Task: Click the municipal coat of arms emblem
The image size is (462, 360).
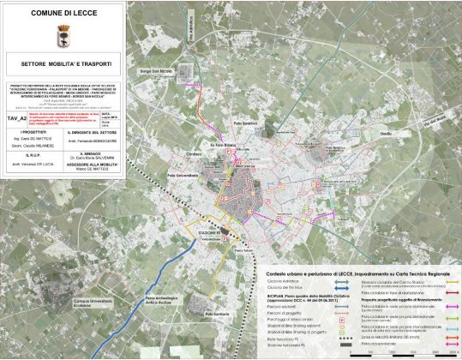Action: (x=64, y=39)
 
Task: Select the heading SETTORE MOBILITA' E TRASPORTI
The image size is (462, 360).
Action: (x=64, y=62)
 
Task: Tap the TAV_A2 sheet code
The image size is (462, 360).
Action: (x=15, y=113)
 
